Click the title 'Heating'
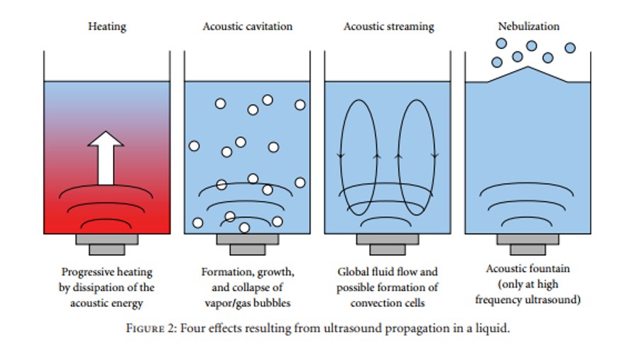107,27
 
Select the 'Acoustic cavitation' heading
247,27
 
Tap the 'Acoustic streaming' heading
388,27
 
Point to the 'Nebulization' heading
528,26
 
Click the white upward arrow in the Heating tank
107,158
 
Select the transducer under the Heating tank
106,243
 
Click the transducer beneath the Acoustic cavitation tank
247,243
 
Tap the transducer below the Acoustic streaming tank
388,243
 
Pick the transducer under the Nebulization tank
528,243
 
